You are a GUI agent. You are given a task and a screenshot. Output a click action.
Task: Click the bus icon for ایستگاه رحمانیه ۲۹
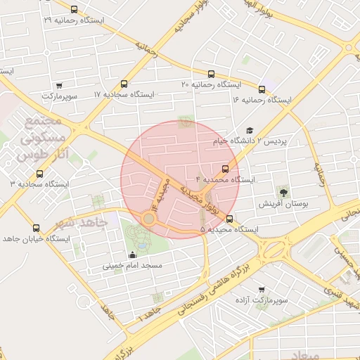[75, 10]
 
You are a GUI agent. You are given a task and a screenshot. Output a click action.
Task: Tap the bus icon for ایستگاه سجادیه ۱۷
[124, 82]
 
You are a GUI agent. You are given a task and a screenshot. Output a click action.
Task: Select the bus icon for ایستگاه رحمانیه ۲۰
[211, 74]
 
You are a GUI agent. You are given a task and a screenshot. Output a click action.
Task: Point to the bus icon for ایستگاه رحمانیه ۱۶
[262, 89]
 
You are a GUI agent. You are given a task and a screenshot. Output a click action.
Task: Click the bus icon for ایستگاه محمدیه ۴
[225, 169]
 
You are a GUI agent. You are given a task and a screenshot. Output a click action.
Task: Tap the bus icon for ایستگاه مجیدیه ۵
[229, 219]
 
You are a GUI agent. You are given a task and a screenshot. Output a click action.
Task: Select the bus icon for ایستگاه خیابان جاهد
[36, 228]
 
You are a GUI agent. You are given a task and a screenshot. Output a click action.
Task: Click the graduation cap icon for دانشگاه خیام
[249, 130]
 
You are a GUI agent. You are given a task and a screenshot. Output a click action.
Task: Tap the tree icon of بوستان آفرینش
[283, 191]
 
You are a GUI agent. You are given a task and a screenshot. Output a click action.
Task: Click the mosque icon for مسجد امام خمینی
[133, 255]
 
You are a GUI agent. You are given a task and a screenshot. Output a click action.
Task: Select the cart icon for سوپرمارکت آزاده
[262, 289]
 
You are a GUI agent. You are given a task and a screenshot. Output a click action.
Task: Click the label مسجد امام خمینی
[133, 266]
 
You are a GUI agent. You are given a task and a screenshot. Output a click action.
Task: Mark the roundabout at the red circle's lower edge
[148, 219]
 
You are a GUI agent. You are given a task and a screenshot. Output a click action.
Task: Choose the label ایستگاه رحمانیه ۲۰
[211, 84]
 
